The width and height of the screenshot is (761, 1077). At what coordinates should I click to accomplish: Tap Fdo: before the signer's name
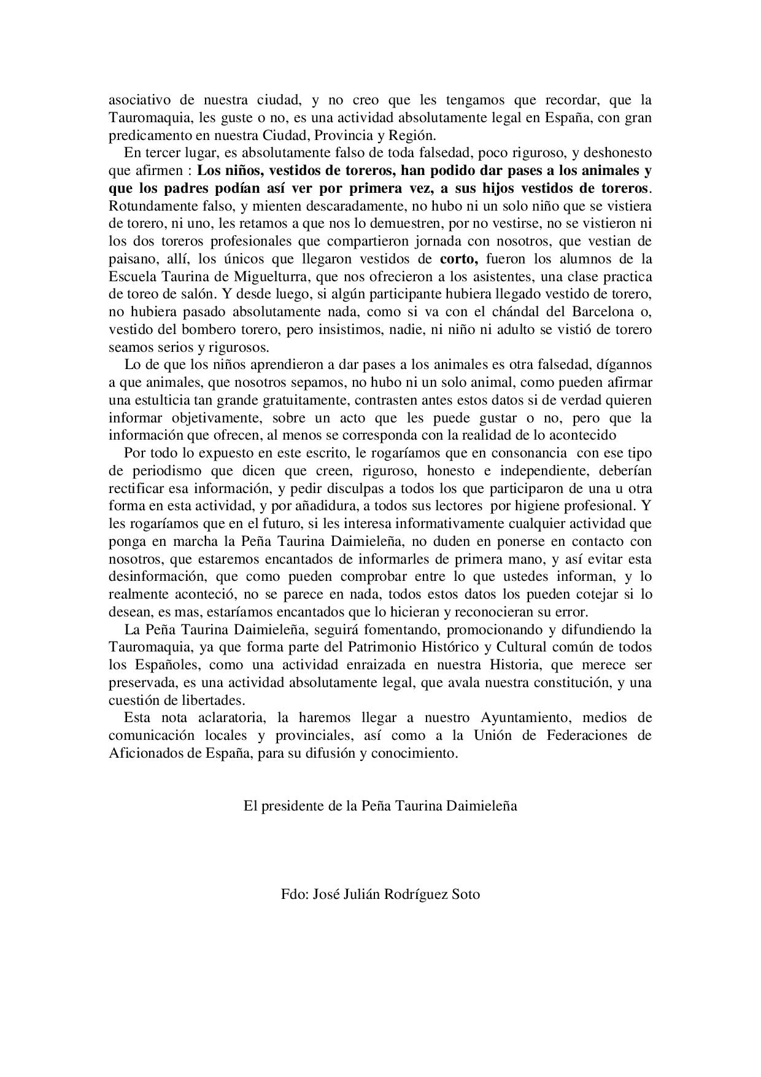tap(295, 894)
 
